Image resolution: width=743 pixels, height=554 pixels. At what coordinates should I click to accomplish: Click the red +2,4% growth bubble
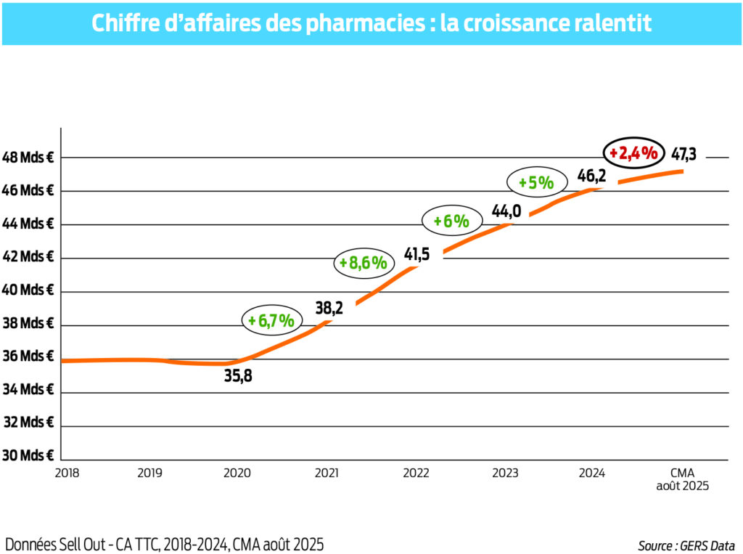(x=633, y=153)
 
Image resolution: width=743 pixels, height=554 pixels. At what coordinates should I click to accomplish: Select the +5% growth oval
(x=535, y=183)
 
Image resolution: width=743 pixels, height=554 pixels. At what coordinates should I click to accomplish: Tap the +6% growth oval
(x=451, y=221)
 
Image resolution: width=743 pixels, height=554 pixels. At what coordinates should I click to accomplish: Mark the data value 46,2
(x=591, y=175)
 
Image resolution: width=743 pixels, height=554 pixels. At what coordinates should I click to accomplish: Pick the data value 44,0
(x=506, y=211)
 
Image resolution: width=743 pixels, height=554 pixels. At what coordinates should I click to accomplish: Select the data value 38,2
(x=329, y=307)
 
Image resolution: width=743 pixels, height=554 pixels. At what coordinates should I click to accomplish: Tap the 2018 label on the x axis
(x=67, y=473)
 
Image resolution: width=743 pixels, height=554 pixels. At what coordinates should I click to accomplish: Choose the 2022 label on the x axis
(x=416, y=473)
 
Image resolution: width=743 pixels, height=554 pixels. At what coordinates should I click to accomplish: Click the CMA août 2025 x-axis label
(x=681, y=479)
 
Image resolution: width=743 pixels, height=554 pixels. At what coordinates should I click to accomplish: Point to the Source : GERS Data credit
(x=686, y=545)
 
